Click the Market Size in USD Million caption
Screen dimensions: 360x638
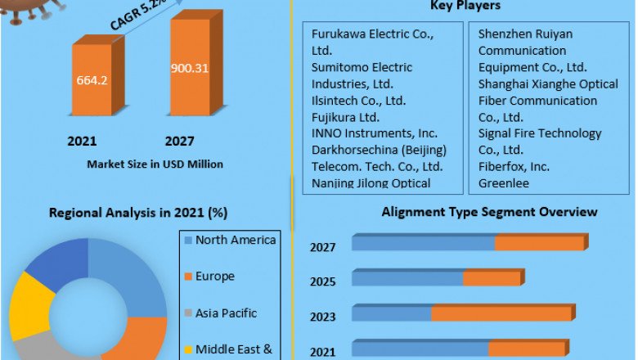point(155,164)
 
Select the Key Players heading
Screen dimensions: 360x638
point(465,7)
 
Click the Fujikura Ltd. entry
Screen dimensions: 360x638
point(345,117)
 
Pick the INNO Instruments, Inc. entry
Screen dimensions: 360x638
point(375,133)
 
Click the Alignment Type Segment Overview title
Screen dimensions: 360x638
point(489,212)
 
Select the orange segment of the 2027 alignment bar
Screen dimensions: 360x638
point(540,243)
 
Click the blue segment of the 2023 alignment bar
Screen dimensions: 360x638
point(392,314)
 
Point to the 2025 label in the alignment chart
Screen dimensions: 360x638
point(322,282)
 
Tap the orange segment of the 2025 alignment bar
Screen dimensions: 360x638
point(492,279)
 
